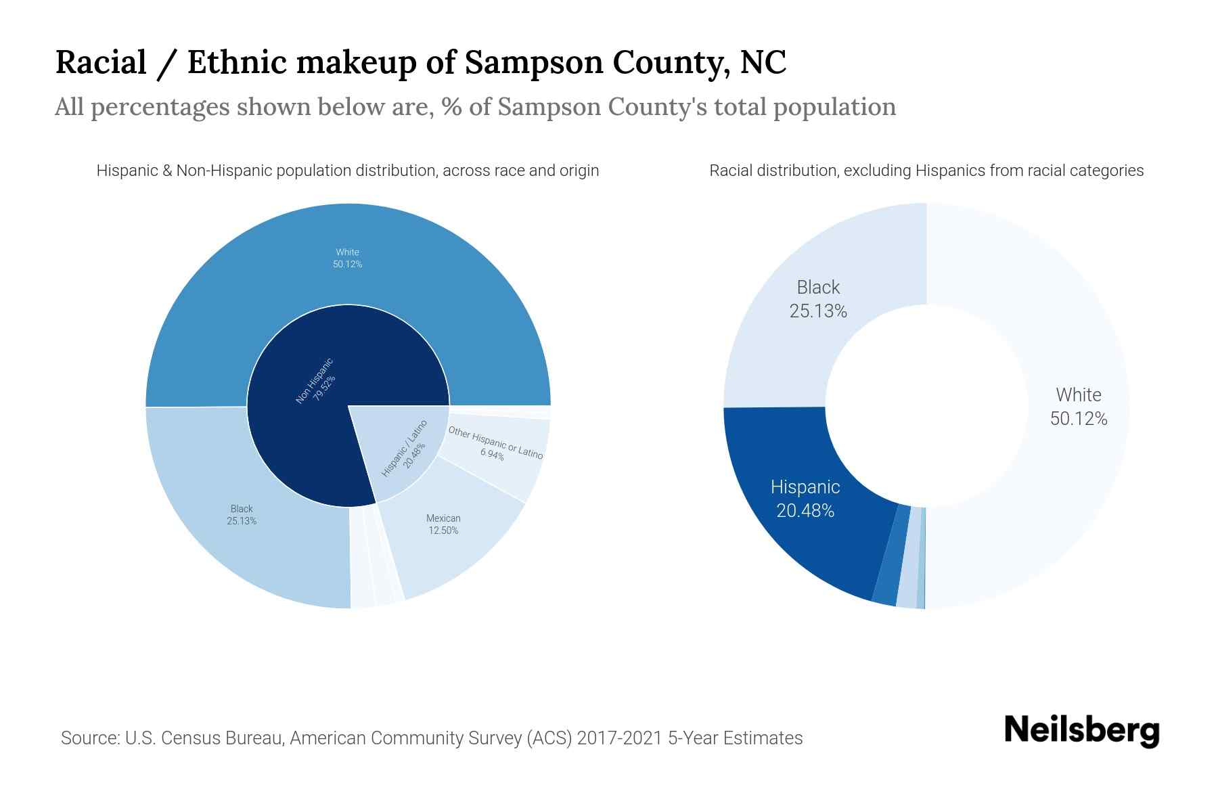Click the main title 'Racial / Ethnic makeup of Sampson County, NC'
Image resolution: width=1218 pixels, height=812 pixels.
click(420, 63)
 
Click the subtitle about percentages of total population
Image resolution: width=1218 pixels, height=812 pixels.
click(475, 107)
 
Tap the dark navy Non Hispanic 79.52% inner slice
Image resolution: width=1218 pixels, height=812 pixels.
click(298, 433)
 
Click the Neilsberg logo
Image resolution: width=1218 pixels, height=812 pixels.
click(1081, 731)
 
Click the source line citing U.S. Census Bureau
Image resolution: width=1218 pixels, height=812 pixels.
click(432, 738)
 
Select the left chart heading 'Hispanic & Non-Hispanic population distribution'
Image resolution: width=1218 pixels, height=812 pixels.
click(348, 171)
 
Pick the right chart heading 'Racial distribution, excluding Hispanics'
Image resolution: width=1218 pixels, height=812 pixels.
click(926, 171)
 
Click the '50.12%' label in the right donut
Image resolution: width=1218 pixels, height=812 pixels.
click(1079, 419)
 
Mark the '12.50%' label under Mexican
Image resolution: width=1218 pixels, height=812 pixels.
click(443, 531)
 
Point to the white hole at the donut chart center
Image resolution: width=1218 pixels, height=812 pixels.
click(926, 406)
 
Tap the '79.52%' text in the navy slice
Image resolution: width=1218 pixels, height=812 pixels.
click(324, 389)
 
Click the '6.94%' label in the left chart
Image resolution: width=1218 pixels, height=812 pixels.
click(492, 455)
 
